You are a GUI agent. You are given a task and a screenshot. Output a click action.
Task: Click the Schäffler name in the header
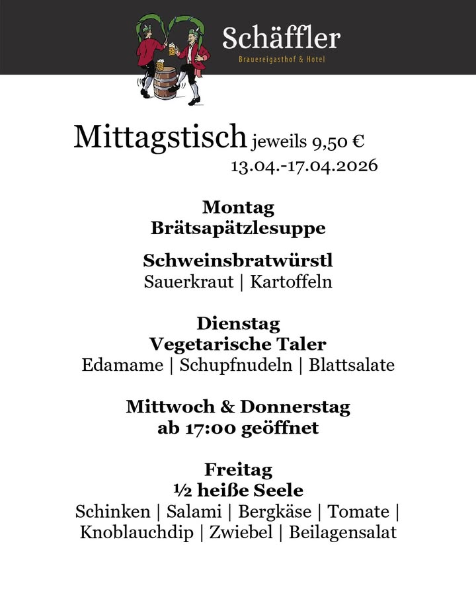pos(281,38)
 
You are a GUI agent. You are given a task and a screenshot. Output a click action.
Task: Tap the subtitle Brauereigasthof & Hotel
pos(282,60)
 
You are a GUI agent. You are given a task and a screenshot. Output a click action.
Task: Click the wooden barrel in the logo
pos(166,83)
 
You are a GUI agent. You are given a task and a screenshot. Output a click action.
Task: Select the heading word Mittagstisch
pos(160,136)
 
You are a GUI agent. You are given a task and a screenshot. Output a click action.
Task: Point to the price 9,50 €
pos(340,141)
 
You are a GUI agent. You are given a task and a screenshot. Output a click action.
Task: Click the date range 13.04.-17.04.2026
pos(304,165)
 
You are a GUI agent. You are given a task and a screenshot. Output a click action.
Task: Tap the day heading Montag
pos(238,207)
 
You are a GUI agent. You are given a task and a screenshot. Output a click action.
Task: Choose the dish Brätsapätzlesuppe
pos(238,228)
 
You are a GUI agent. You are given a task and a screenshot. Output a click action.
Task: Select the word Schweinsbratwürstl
pos(238,260)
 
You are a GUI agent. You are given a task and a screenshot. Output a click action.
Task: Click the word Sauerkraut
pos(189,282)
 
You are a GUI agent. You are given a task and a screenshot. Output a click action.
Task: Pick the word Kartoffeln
pos(291,282)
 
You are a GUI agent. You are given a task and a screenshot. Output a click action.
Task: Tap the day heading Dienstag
pos(238,324)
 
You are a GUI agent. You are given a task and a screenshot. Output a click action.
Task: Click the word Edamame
pos(122,365)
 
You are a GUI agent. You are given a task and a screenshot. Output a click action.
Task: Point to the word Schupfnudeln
pos(236,366)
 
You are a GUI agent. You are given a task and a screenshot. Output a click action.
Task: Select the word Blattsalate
pos(352,365)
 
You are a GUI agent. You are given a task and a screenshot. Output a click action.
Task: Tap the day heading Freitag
pos(238,469)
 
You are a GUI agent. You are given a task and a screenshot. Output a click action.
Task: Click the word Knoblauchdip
pos(137,532)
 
